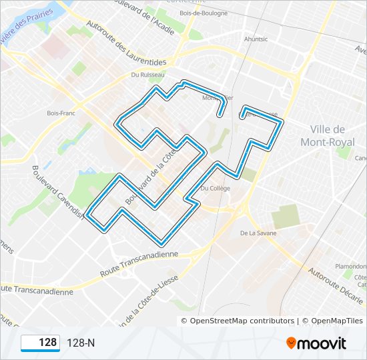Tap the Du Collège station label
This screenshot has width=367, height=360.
tap(215, 189)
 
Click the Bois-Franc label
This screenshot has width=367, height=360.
tap(60, 113)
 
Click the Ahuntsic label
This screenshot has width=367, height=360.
tap(256, 39)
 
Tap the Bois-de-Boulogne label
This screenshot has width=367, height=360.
tap(204, 13)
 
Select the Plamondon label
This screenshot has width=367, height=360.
tap(350, 266)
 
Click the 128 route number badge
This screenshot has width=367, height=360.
tap(41, 343)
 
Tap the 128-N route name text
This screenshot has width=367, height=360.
tap(81, 343)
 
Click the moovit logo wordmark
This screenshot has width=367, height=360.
tap(322, 343)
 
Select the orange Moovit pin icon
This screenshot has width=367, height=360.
tap(292, 343)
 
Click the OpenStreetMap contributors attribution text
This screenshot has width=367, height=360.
tap(242, 321)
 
